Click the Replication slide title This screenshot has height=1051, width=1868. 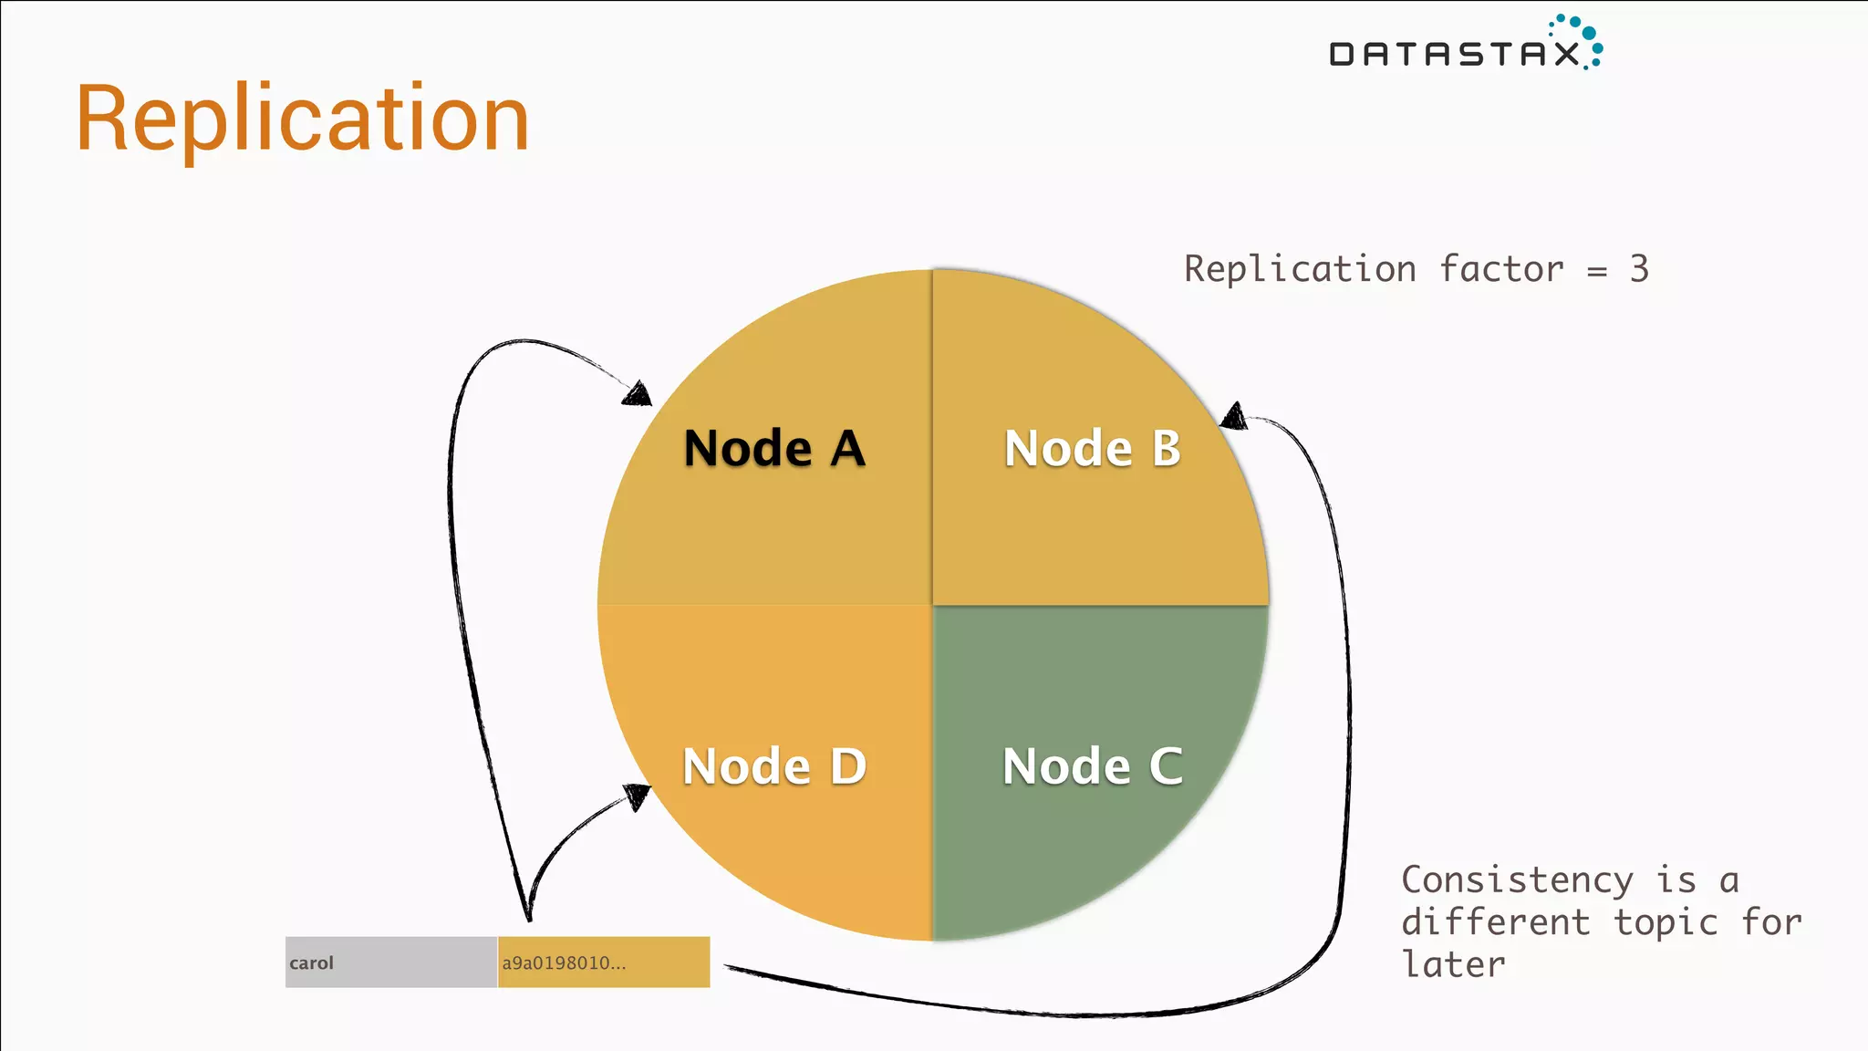pos(302,119)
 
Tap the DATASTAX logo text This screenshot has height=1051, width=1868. pos(1454,55)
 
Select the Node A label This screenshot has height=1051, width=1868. pos(774,448)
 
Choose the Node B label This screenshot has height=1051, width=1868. pos(1092,448)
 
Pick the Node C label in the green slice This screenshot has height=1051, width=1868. pos(1092,765)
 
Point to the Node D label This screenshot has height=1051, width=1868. pos(774,765)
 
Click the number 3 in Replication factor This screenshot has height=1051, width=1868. pos(1639,269)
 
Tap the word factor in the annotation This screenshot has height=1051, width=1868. pos(1501,269)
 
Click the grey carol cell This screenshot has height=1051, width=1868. pos(390,963)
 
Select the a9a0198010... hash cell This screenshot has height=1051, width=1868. pos(603,963)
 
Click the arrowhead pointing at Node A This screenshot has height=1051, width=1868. pos(638,394)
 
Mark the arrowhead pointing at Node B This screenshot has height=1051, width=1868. pos(1234,416)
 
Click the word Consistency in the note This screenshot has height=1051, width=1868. pos(1516,880)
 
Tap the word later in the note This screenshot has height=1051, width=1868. pos(1453,964)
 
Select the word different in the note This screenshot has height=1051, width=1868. pos(1496,922)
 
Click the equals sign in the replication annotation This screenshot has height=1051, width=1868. pos(1596,272)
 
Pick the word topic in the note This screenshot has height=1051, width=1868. pos(1666,922)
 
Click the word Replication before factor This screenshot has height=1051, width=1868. pos(1300,269)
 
